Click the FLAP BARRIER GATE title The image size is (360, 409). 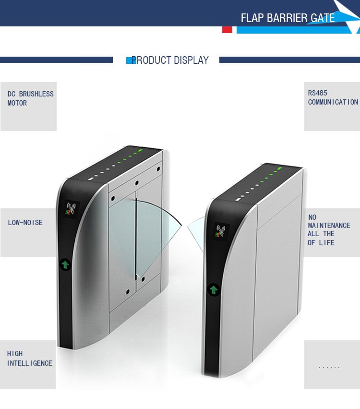coord(288,18)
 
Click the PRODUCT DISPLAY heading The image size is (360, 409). coord(170,60)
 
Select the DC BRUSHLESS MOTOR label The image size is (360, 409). coord(30,98)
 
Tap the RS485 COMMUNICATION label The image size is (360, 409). coord(333,97)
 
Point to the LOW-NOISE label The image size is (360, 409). coord(25,223)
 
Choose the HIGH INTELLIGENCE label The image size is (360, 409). coord(29,359)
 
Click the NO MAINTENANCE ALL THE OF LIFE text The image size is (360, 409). coord(329,230)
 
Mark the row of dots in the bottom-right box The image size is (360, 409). coord(329,368)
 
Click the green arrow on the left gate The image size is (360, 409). coord(65,264)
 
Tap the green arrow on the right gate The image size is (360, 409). coord(214,289)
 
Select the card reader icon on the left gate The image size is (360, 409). coord(71,209)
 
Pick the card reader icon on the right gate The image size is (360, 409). coord(220,231)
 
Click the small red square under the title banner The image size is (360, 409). coord(227,30)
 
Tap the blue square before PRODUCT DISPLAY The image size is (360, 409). coord(129,60)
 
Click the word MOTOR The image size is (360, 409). coord(17,103)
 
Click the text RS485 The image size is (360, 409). coord(317,93)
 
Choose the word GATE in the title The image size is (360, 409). coord(323,18)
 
